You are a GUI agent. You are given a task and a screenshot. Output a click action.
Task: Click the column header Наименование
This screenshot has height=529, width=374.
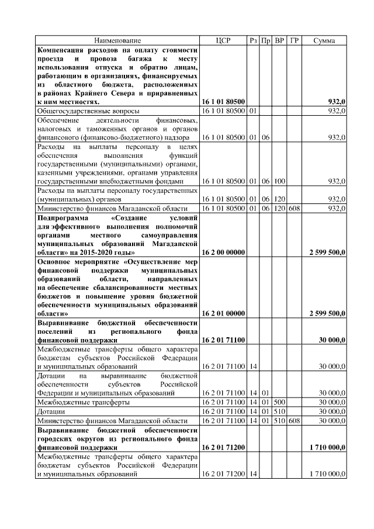tap(118, 40)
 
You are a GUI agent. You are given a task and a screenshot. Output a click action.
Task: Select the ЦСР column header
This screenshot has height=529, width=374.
tap(223, 40)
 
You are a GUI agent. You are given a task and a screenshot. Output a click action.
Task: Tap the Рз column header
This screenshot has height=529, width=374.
tap(253, 40)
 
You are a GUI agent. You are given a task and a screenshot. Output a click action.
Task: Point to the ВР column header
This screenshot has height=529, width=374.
tap(279, 40)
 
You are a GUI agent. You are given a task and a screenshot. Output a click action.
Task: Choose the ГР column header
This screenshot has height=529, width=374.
tap(295, 40)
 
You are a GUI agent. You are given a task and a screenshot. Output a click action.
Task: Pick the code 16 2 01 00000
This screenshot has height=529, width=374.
tap(223, 313)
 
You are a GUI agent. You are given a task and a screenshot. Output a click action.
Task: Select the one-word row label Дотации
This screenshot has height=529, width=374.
tap(51, 412)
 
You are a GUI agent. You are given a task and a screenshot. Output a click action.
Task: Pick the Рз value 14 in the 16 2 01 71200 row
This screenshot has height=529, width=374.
tap(253, 474)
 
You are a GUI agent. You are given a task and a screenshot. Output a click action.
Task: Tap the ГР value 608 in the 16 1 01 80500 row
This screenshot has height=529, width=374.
tap(295, 209)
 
